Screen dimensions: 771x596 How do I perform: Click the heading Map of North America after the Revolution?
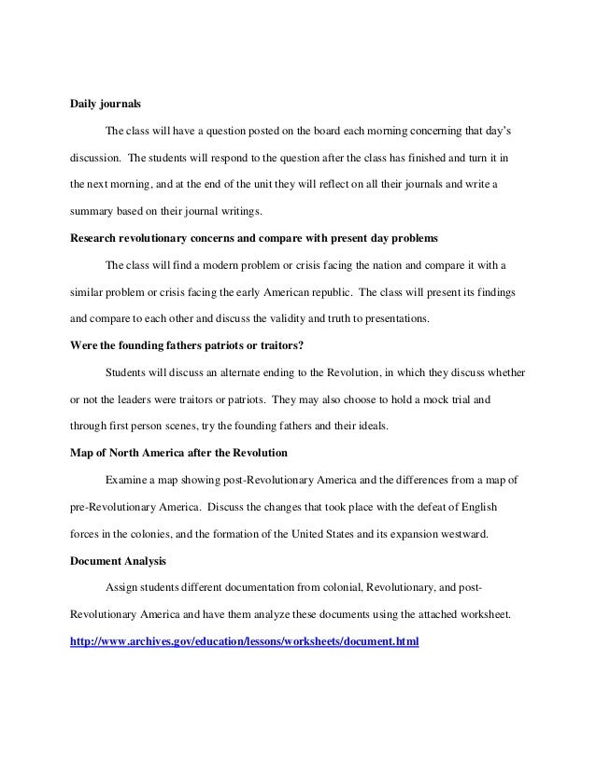(x=179, y=453)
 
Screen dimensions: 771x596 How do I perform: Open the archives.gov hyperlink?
(x=246, y=642)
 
